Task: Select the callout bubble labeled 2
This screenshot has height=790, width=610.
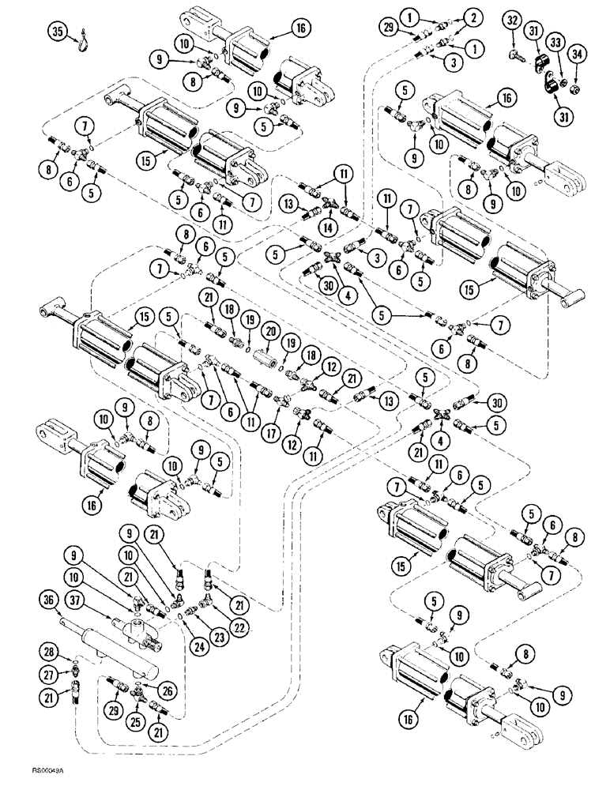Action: (x=473, y=15)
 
